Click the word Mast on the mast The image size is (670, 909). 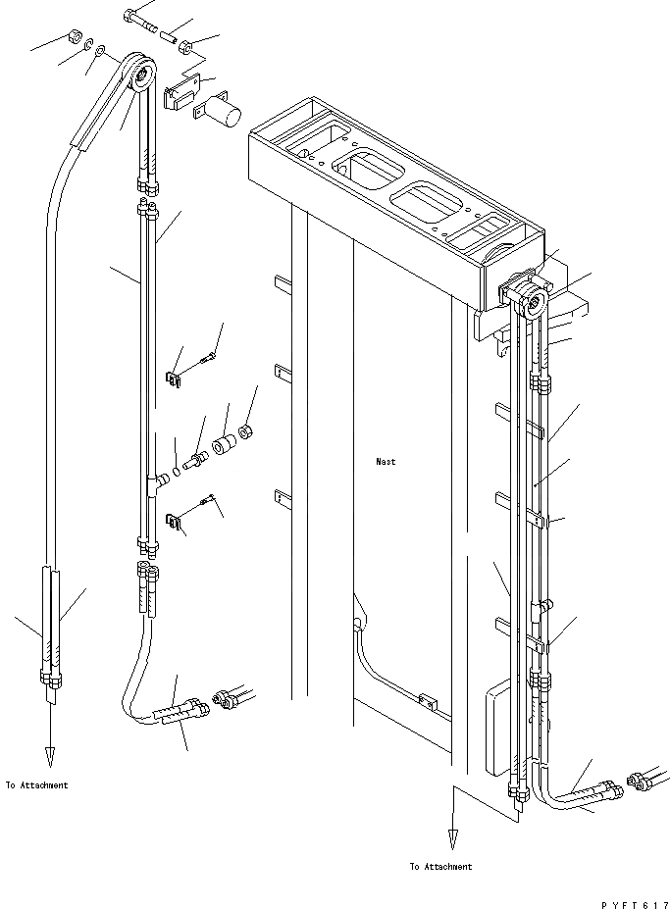[386, 461]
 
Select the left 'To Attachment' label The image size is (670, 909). [37, 784]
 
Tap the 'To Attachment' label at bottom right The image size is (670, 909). [440, 866]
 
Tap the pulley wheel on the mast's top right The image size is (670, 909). [536, 304]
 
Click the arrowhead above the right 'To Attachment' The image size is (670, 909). [452, 838]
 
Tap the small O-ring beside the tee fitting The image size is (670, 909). [175, 471]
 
